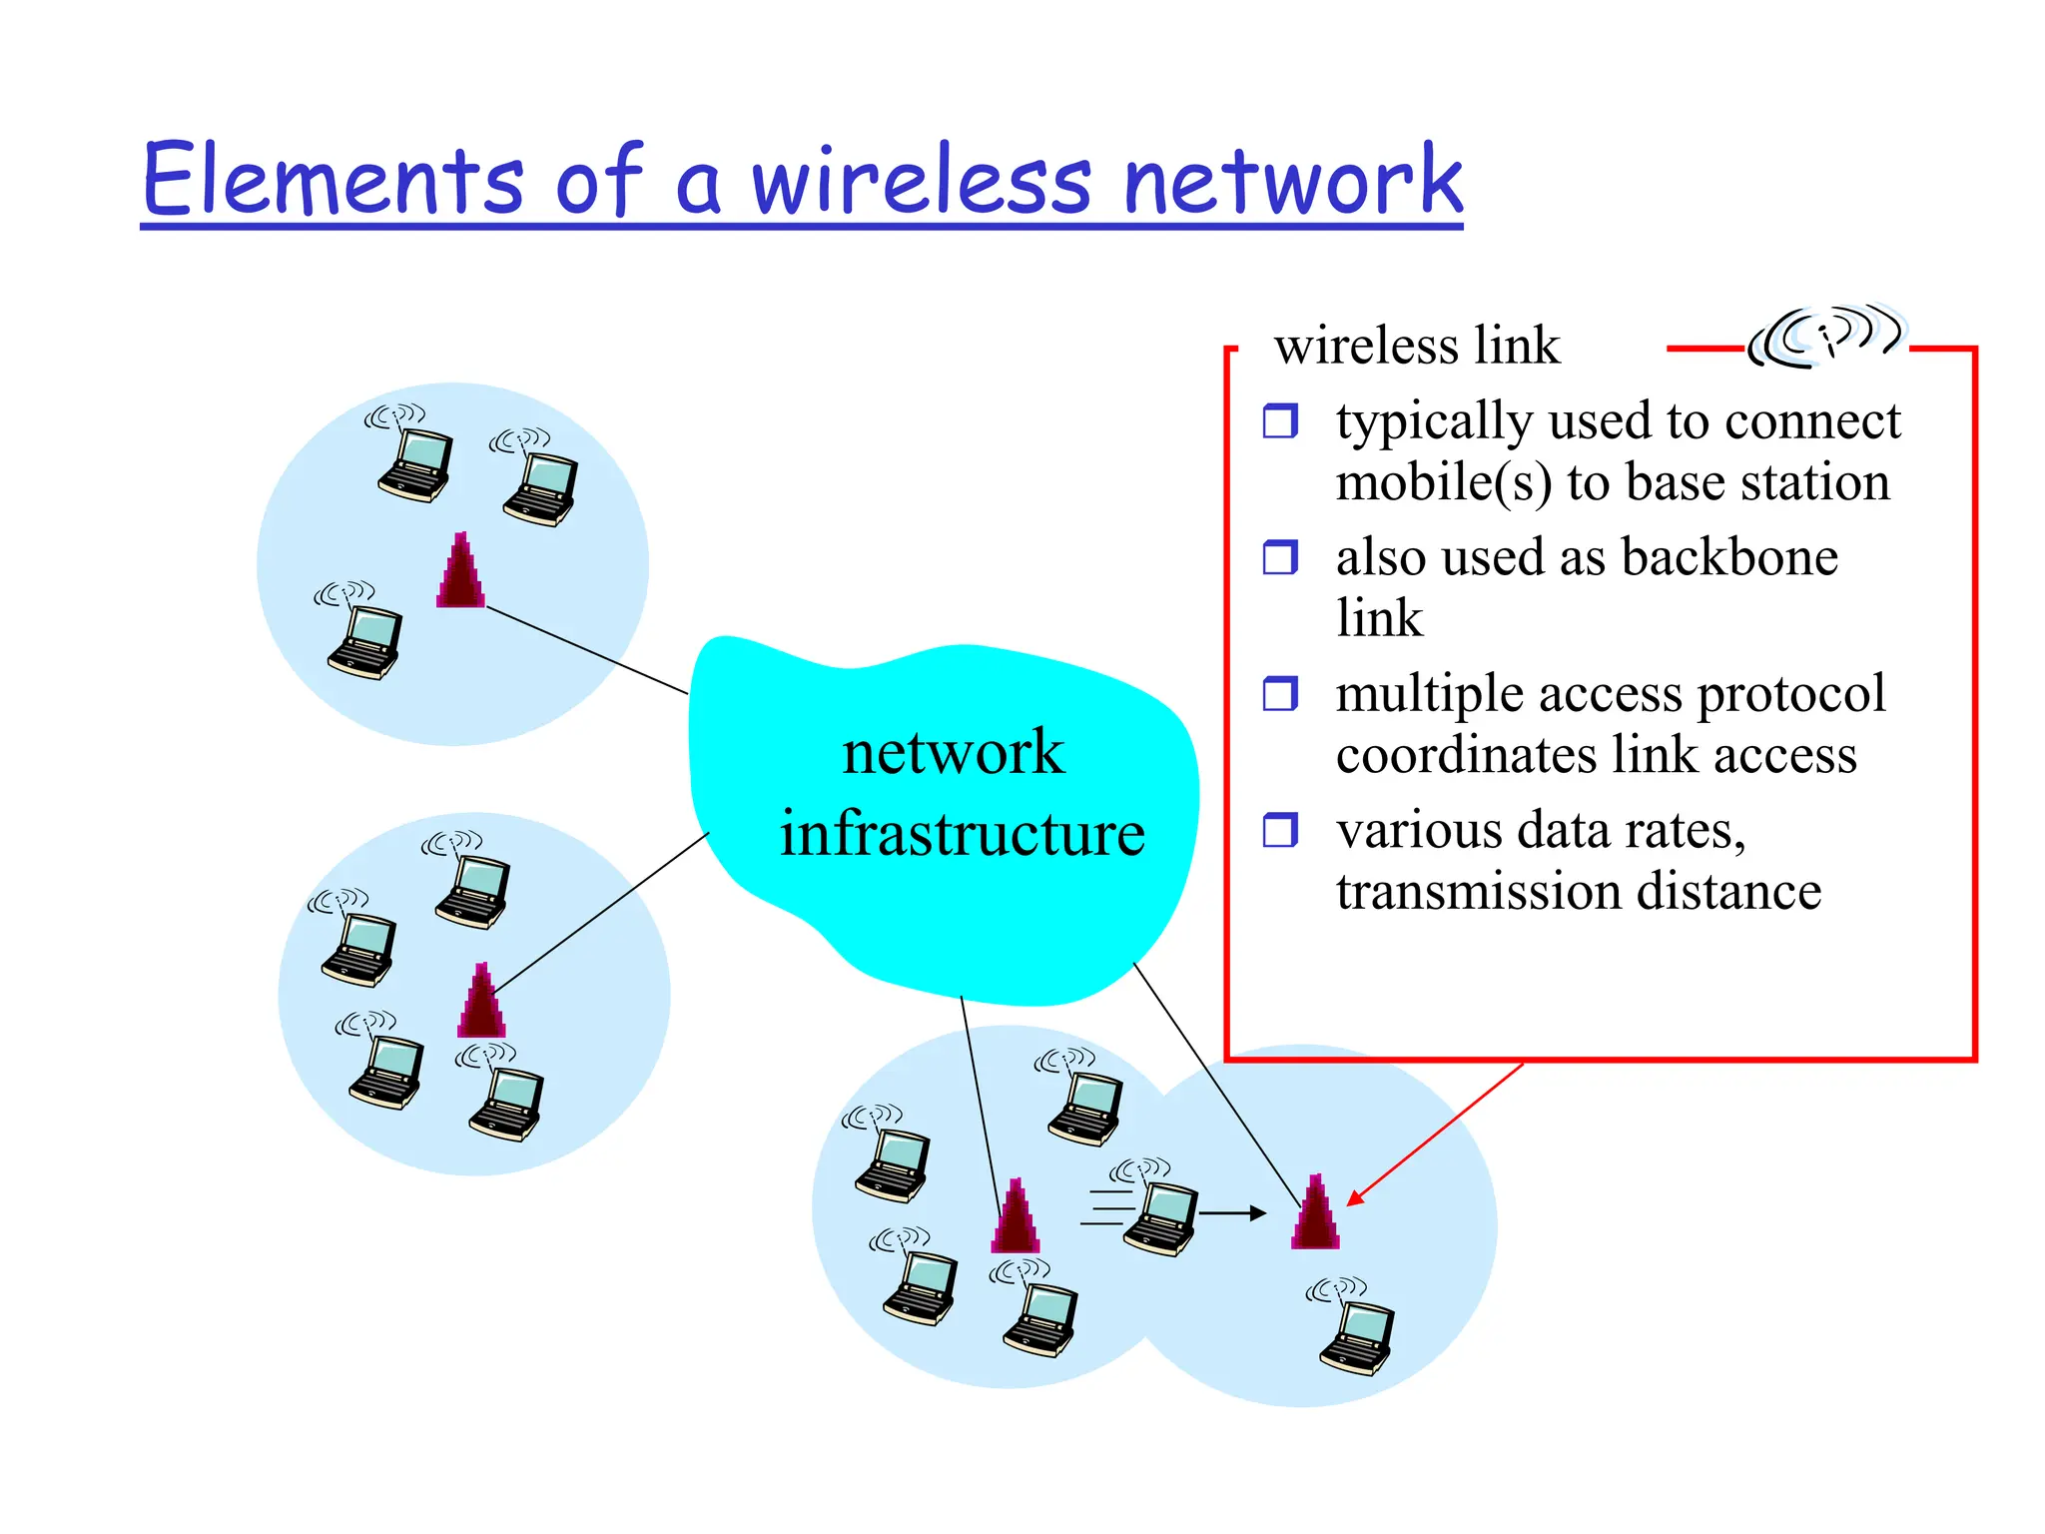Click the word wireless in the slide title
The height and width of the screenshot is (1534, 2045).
(920, 180)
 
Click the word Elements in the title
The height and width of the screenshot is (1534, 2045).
(333, 180)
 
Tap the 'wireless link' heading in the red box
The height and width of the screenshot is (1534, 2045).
(1416, 346)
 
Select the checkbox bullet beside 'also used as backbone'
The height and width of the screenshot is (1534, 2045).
(1280, 556)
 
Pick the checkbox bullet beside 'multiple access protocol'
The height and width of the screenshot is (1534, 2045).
(1280, 692)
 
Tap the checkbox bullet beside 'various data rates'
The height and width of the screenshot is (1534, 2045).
(1280, 829)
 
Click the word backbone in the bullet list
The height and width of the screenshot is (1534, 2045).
(1729, 556)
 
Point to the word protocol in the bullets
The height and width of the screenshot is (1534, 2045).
(1791, 694)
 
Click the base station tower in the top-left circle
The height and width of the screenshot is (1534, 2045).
(460, 571)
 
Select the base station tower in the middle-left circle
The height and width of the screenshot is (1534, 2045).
(481, 1001)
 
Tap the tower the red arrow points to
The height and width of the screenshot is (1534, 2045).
(1315, 1212)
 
